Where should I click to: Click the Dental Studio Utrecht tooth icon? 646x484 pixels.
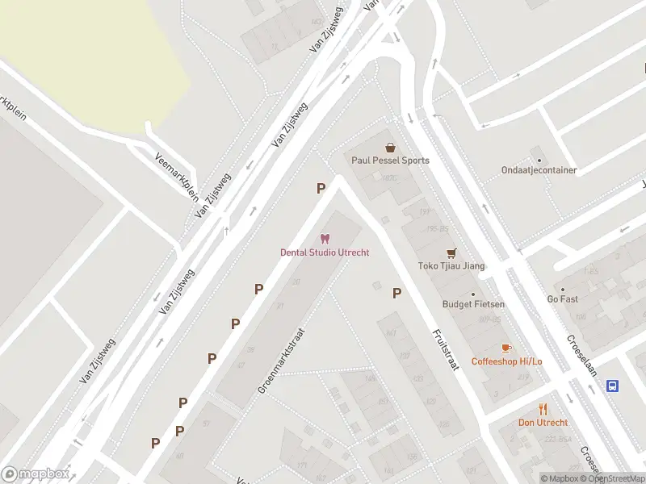(x=325, y=239)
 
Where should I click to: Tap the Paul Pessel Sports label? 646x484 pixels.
(x=390, y=160)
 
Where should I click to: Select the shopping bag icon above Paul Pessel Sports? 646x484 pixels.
(x=391, y=147)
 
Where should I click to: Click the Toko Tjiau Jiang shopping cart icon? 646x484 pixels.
(x=451, y=252)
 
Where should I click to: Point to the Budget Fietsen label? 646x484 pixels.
(x=473, y=304)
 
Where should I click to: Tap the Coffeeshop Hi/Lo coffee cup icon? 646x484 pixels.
(x=506, y=348)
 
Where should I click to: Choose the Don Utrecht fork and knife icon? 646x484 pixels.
(x=543, y=409)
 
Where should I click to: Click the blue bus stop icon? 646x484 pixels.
(x=613, y=386)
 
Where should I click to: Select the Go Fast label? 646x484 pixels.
(x=563, y=298)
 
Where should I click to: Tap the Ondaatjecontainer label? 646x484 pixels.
(x=539, y=170)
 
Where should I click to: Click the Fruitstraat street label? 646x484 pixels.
(x=445, y=348)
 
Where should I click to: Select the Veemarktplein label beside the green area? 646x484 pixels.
(x=176, y=177)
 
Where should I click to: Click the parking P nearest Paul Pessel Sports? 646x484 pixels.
(x=321, y=188)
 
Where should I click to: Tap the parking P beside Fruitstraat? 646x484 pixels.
(x=396, y=293)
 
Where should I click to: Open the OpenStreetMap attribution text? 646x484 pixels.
(x=615, y=478)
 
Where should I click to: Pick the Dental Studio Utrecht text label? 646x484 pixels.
(x=325, y=252)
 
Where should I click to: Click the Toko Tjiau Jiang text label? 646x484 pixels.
(x=451, y=265)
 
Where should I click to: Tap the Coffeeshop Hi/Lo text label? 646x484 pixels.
(x=506, y=361)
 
